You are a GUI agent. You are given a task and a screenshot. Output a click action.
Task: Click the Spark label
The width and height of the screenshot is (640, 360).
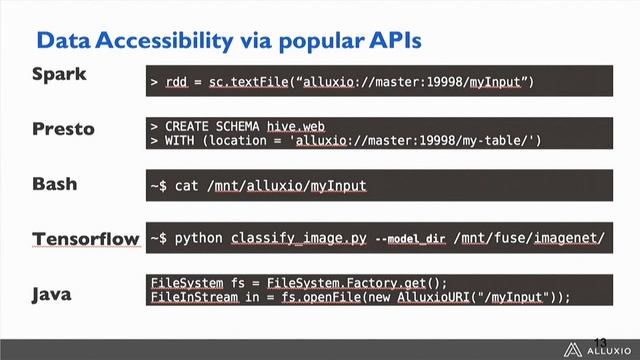pyautogui.click(x=60, y=75)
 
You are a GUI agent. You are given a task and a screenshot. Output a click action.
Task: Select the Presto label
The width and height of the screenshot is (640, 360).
pyautogui.click(x=64, y=130)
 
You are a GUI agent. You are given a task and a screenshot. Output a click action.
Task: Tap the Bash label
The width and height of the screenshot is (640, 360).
pyautogui.click(x=56, y=185)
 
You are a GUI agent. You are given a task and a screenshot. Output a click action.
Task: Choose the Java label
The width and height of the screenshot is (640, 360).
pyautogui.click(x=53, y=295)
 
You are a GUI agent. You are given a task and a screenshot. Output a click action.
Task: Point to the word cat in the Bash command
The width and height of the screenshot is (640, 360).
pyautogui.click(x=187, y=185)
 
